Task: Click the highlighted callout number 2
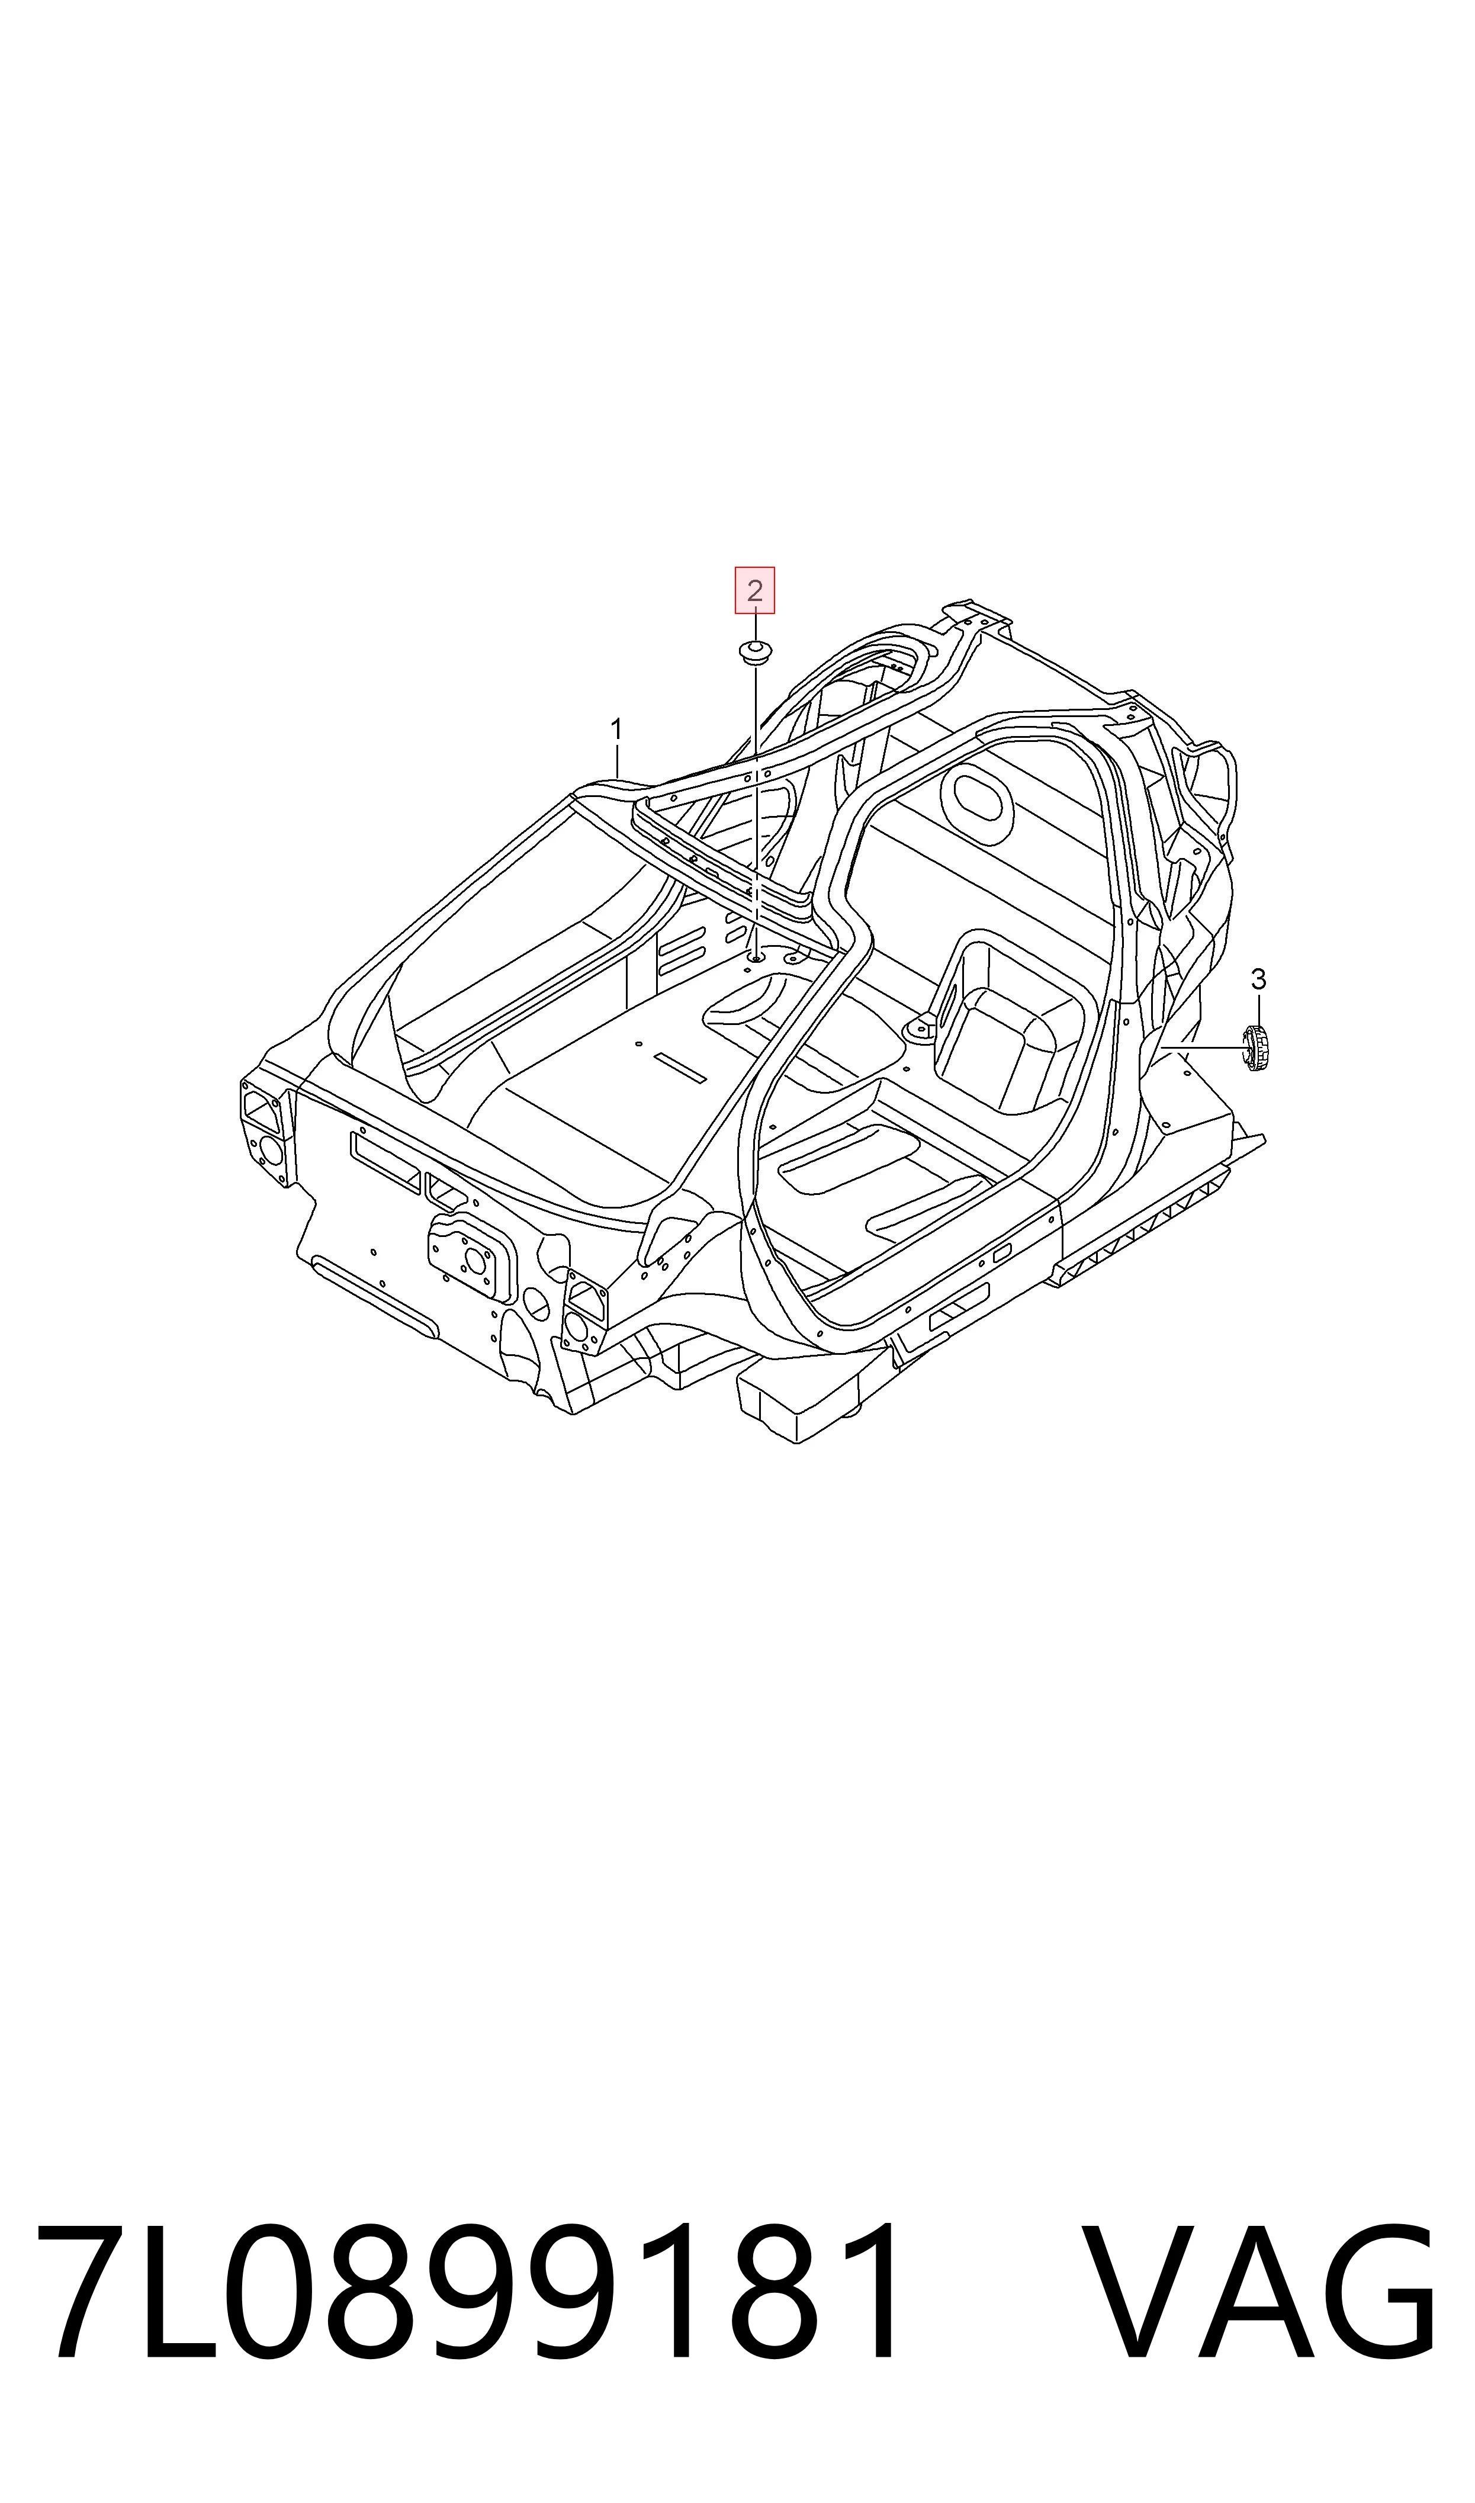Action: (754, 591)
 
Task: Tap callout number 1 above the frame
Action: (616, 730)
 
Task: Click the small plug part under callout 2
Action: (756, 651)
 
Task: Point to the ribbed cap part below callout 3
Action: (1257, 1048)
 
